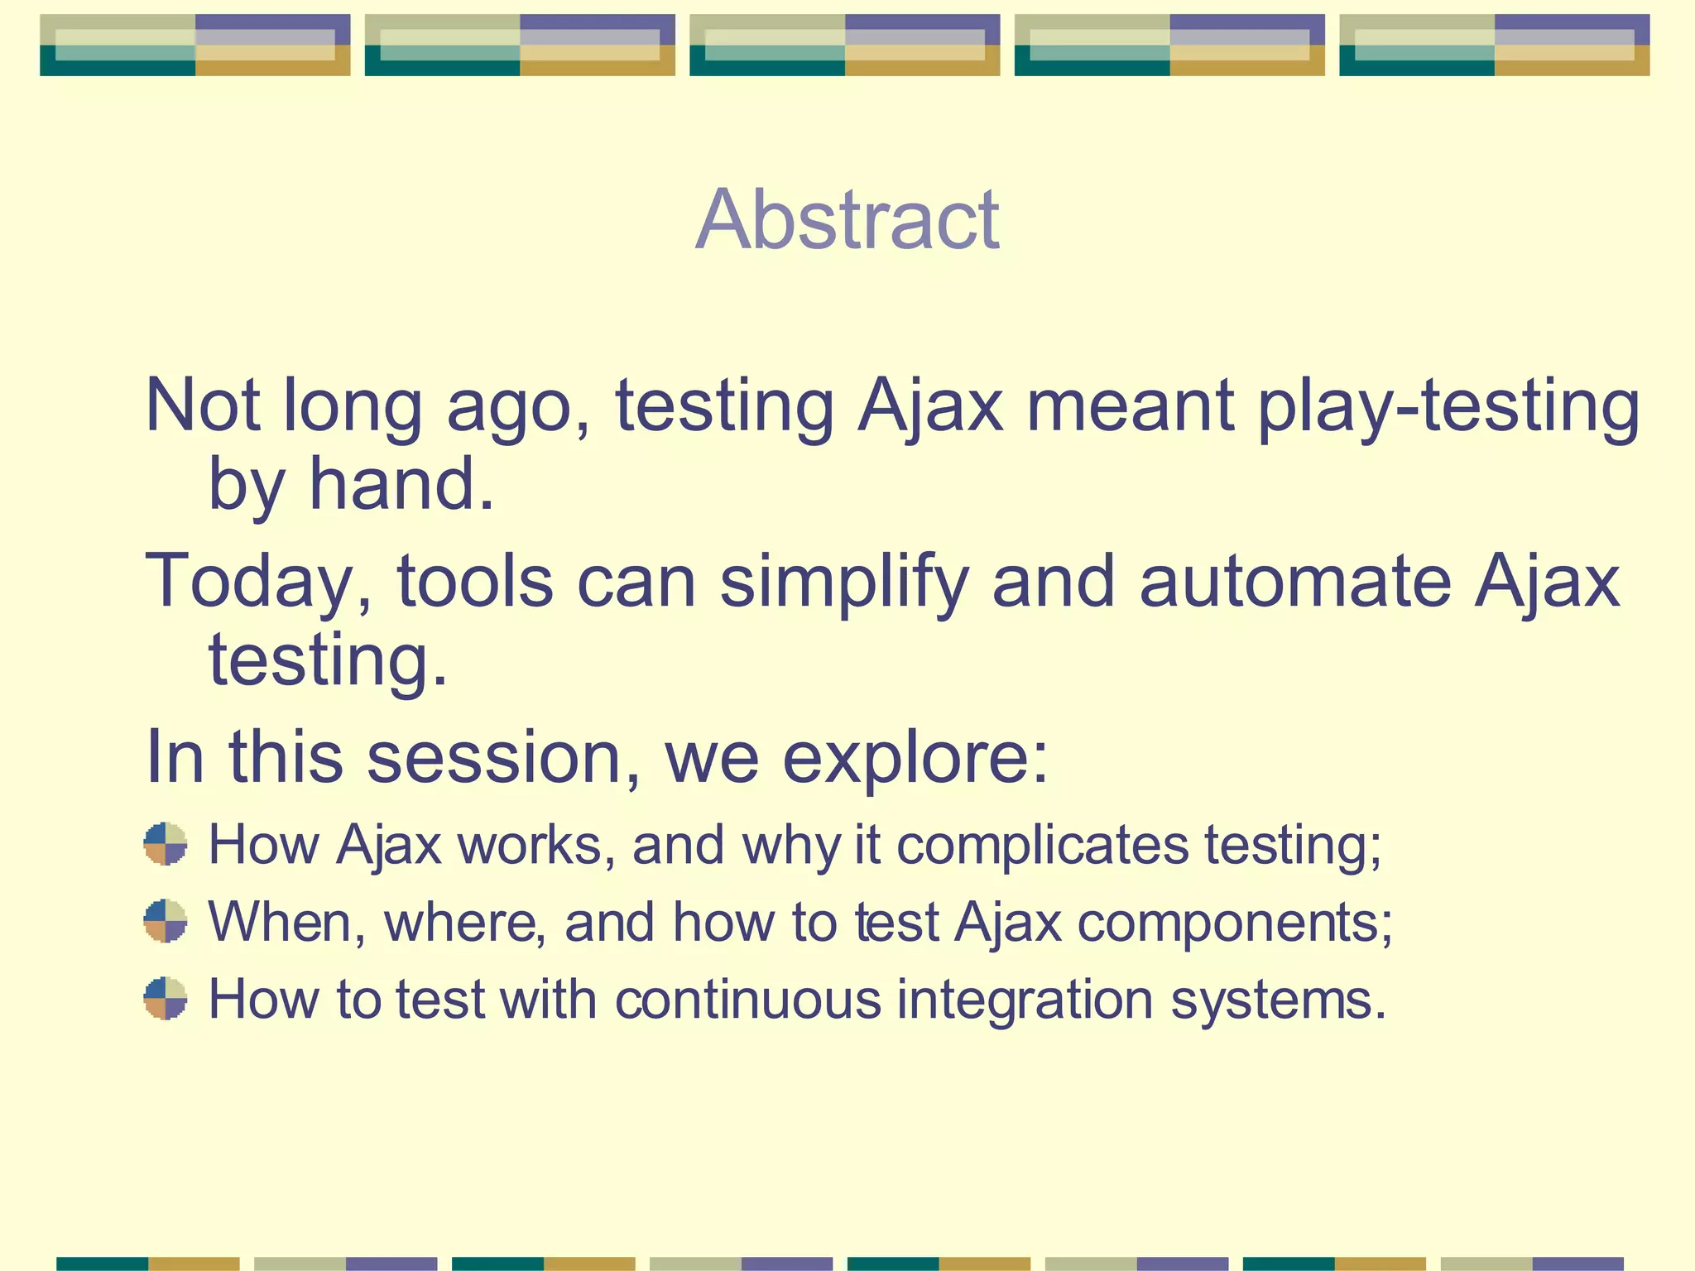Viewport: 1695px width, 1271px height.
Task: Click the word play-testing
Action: coord(1448,407)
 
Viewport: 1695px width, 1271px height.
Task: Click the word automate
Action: coord(1295,582)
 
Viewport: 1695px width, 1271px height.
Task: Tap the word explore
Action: coord(915,757)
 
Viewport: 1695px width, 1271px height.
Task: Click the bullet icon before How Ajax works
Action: coord(166,843)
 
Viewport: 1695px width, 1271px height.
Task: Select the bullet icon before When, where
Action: coord(166,921)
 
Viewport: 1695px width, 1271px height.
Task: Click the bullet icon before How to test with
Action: coord(166,998)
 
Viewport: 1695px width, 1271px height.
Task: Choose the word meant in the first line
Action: coord(1131,407)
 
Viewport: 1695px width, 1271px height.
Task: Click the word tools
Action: coord(475,582)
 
